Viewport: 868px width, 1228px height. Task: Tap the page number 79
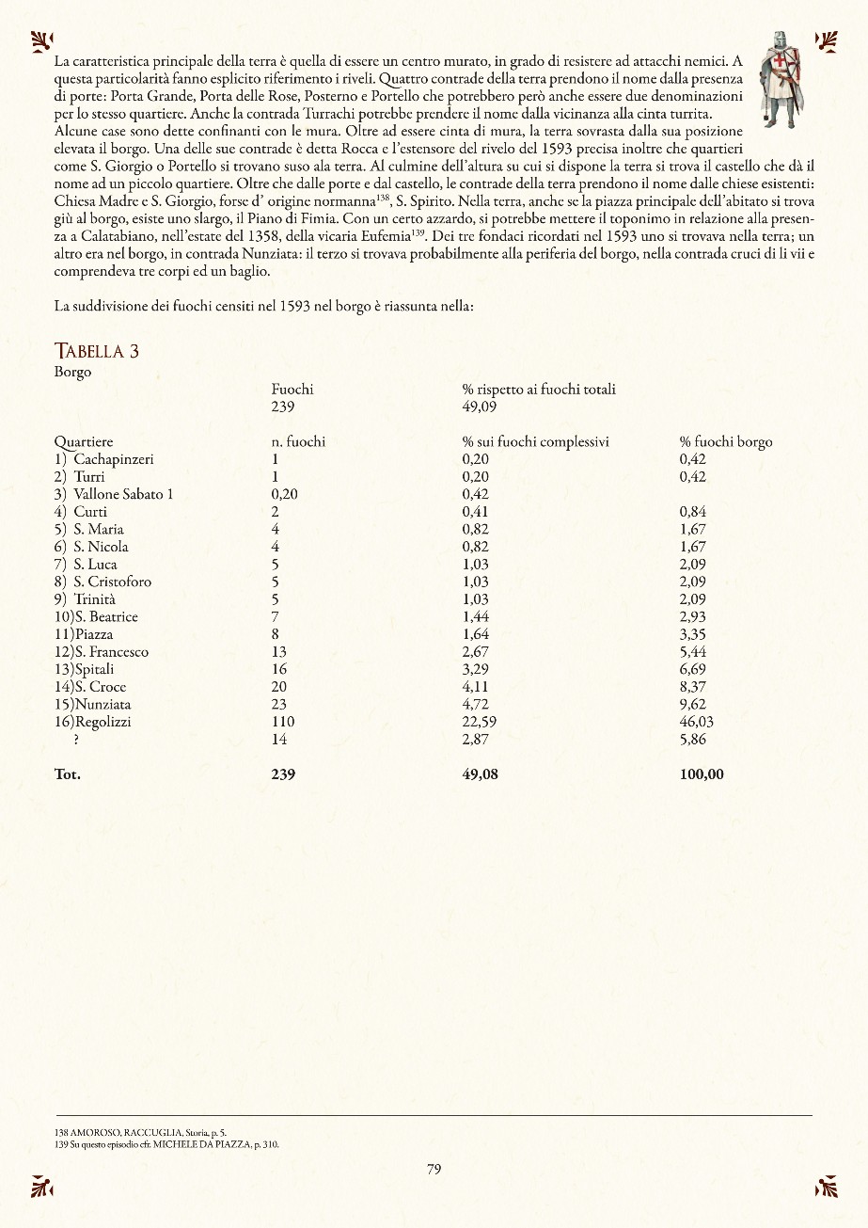point(434,1170)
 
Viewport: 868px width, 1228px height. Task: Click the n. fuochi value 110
point(282,722)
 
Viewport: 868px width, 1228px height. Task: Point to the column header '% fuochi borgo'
point(725,441)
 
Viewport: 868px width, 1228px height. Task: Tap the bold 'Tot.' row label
point(68,774)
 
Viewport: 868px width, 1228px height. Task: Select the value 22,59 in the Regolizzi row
point(479,722)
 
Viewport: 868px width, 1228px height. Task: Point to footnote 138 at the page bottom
point(140,1133)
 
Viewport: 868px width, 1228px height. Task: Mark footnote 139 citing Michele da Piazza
point(166,1144)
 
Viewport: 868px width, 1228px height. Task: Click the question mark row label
point(75,740)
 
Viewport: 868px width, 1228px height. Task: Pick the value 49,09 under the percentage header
point(479,407)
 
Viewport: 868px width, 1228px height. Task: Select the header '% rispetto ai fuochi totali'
point(539,390)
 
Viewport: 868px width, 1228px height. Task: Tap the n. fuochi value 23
point(278,704)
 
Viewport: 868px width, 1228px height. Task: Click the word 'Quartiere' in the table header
point(84,441)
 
